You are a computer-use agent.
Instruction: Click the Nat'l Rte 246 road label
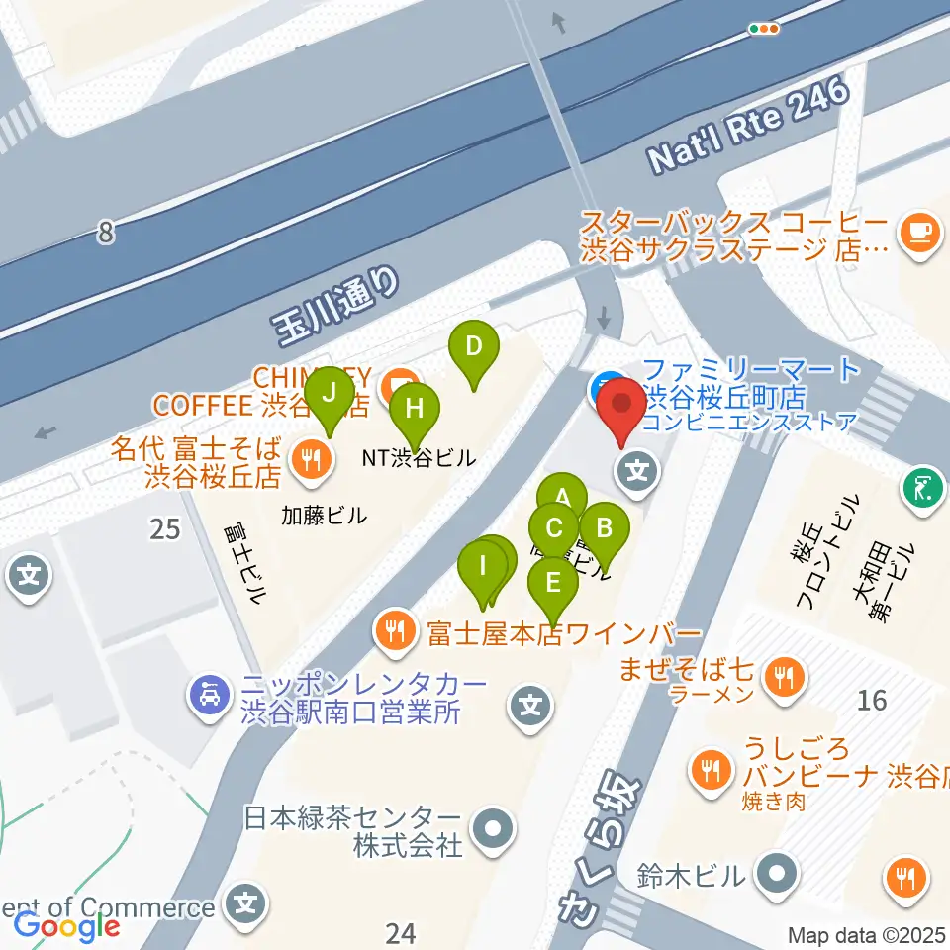coord(749,124)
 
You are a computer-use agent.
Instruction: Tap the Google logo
coord(66,926)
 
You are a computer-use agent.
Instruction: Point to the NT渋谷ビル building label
coord(420,458)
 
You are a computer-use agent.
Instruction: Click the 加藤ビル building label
coord(324,515)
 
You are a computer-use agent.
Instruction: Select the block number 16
coord(872,701)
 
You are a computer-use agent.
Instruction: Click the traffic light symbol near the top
coord(765,29)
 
